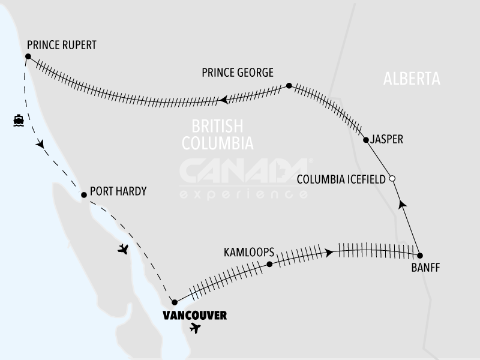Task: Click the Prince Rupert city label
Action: click(x=62, y=45)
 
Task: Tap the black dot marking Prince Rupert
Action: click(x=28, y=56)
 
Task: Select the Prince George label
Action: click(x=238, y=73)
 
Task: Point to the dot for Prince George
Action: click(x=289, y=86)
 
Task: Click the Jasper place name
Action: click(x=387, y=139)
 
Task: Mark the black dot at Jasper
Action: click(x=365, y=140)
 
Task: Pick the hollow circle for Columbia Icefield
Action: click(x=392, y=179)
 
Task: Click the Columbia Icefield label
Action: click(x=341, y=179)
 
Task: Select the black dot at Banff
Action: click(x=419, y=255)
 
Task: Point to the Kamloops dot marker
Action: click(x=269, y=264)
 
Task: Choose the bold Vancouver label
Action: click(x=195, y=314)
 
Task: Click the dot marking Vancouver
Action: click(x=174, y=301)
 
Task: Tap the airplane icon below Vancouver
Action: click(x=195, y=328)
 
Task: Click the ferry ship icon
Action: click(x=18, y=120)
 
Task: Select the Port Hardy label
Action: click(x=118, y=192)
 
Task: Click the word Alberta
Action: click(x=412, y=79)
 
